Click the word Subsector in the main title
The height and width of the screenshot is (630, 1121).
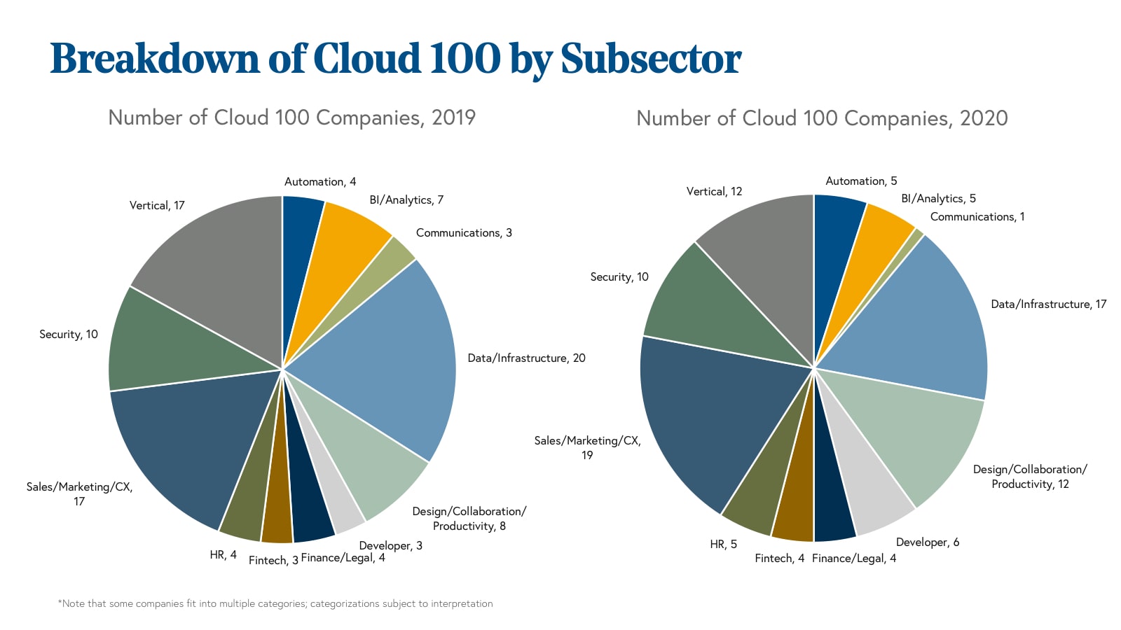point(651,59)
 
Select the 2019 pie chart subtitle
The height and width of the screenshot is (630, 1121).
point(291,117)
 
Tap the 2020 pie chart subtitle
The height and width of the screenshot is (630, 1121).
point(822,118)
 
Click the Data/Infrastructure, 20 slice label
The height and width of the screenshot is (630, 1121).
point(526,358)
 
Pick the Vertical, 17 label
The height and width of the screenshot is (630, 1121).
point(157,205)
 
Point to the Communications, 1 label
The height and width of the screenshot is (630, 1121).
point(977,217)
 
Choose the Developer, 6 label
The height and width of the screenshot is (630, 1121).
point(927,542)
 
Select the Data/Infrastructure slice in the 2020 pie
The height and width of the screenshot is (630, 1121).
point(918,322)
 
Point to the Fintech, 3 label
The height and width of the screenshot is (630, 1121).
point(273,560)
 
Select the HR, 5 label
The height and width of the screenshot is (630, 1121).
point(723,545)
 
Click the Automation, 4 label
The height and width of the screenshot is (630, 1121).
point(320,182)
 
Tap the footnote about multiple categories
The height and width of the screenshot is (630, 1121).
point(275,603)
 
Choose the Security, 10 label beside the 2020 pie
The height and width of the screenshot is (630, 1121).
point(619,277)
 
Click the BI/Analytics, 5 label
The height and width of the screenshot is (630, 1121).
point(938,199)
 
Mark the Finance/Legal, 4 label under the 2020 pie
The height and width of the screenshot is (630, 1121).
point(853,559)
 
